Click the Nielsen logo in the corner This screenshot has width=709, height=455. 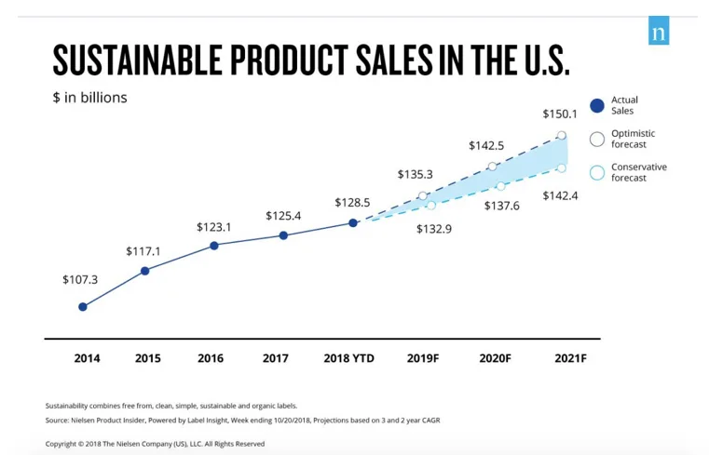659,31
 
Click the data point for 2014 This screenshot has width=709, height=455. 83,306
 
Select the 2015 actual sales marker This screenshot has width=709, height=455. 144,271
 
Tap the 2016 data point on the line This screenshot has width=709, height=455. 214,246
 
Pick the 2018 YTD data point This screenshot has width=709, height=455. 353,222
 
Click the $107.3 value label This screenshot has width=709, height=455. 80,279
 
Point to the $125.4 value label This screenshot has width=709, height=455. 283,216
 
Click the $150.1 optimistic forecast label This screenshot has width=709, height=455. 560,114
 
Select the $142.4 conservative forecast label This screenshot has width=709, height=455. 560,195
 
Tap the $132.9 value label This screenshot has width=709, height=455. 434,229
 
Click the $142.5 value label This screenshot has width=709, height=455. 486,145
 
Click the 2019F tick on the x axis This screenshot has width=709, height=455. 423,358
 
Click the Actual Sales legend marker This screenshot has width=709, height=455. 597,105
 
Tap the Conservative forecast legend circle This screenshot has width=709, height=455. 597,173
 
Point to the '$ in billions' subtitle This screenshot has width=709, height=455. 89,98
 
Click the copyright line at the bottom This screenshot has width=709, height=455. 156,444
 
